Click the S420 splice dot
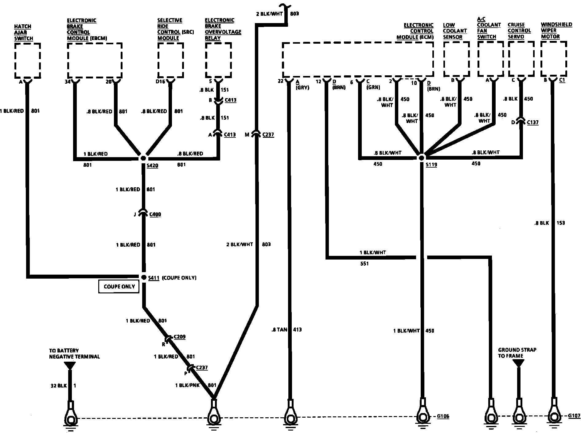pos(143,158)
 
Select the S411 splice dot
pos(144,277)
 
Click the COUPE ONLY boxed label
pos(119,286)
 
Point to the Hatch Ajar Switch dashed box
pos(27,61)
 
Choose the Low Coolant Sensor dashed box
pos(456,59)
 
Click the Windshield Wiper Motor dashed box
pos(553,59)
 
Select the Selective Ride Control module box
pos(170,60)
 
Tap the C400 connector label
pos(155,214)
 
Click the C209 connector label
pos(179,337)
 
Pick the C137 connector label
pos(532,122)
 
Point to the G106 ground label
pos(443,417)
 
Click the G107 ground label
pos(574,416)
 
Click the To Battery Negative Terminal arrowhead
pos(70,366)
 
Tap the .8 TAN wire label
pos(279,330)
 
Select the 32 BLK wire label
pos(58,386)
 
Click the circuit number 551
pos(364,264)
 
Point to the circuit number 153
pos(560,223)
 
